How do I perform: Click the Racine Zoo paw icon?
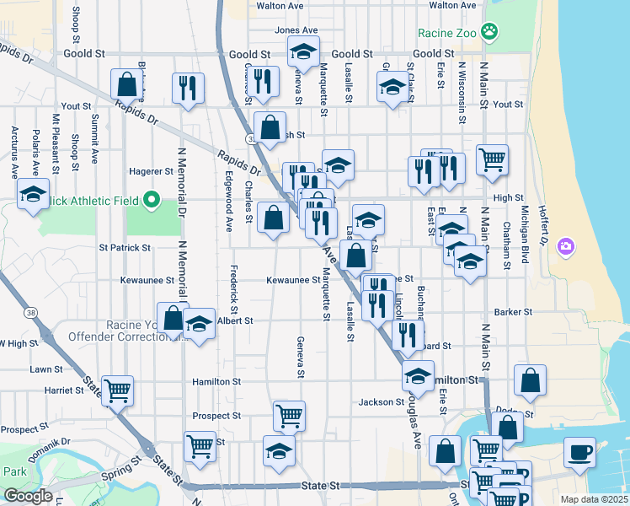pos(489,33)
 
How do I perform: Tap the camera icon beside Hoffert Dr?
pos(566,246)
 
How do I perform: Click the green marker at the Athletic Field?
pos(152,200)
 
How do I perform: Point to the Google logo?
pos(28,496)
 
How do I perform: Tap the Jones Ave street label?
pos(296,30)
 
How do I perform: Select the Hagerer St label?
pos(151,171)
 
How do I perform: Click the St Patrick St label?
pos(125,248)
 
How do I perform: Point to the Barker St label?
pos(511,311)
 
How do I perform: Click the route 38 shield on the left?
pos(31,312)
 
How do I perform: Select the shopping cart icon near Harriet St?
pos(117,389)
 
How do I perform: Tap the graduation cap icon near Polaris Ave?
pos(33,196)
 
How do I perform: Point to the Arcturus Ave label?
pos(14,153)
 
